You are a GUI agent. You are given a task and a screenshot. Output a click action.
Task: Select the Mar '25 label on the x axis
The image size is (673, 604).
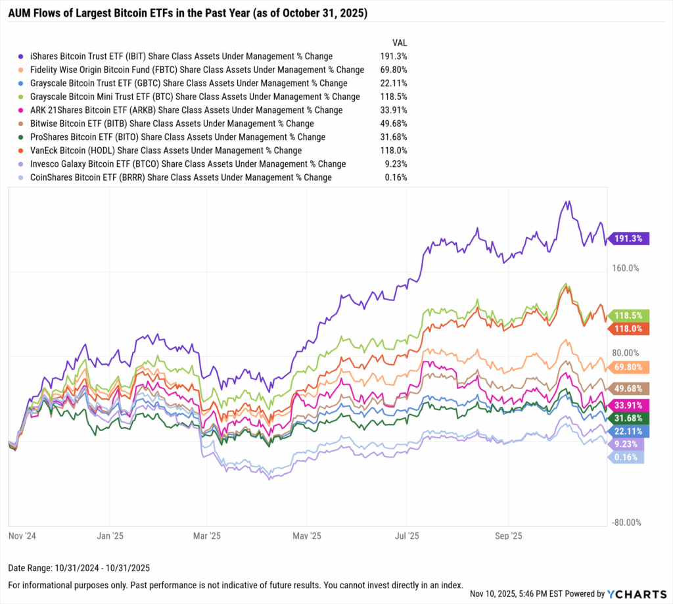[207, 536]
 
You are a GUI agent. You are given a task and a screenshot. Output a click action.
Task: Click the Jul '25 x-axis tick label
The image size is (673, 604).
[407, 536]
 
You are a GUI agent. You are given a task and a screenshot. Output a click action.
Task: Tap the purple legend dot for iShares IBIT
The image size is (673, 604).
[22, 57]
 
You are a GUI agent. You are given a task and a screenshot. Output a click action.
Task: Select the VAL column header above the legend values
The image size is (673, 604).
[400, 43]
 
